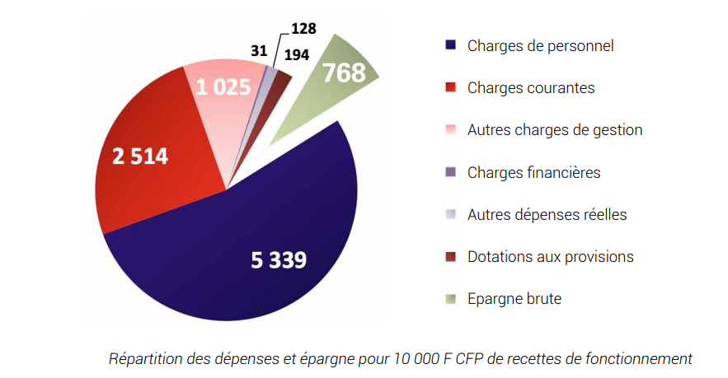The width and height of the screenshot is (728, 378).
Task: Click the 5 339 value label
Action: coord(279,261)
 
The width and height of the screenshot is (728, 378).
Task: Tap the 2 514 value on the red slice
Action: coord(139,156)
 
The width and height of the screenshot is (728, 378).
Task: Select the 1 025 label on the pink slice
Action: coord(222,86)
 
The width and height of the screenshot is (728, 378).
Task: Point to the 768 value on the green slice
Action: coord(344,73)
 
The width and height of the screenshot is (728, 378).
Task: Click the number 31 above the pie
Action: coord(259,51)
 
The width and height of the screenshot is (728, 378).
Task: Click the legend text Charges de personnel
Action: coord(540,46)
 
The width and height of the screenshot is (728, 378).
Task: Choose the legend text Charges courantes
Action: coord(530,88)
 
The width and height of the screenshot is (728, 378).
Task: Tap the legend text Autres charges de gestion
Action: coord(554,130)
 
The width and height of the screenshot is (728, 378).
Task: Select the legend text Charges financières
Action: coord(533,172)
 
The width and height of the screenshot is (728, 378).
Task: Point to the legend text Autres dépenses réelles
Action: coord(547,215)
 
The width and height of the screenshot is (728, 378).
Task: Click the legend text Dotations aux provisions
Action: coord(550,257)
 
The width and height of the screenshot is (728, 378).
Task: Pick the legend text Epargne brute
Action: coord(514,299)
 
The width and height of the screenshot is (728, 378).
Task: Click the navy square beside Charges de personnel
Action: coord(449,46)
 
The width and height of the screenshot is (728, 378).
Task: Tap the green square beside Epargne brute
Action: coord(449,299)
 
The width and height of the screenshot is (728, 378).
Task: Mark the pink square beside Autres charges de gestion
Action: coord(449,130)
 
